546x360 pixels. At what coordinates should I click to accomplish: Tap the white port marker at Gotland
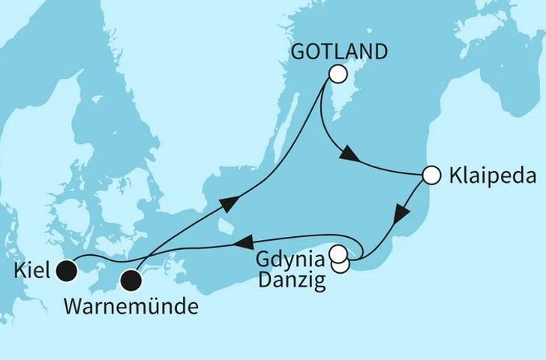[x=337, y=74]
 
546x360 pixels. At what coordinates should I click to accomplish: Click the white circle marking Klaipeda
[x=430, y=175]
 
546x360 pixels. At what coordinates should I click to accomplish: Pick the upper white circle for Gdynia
[x=339, y=253]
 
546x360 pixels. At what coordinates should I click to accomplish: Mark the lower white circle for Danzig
[x=340, y=265]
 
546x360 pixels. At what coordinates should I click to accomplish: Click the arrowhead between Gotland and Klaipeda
[x=347, y=156]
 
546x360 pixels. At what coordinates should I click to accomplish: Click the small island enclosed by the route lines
[x=224, y=223]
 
